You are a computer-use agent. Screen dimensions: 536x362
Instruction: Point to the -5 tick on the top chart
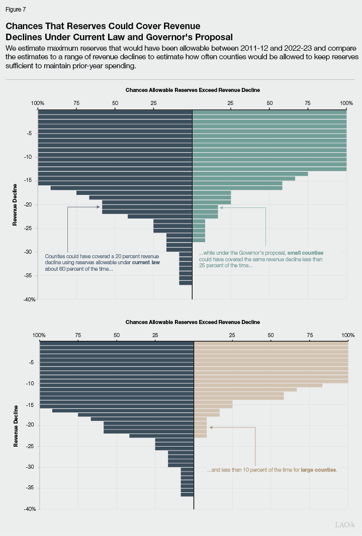pos(31,133)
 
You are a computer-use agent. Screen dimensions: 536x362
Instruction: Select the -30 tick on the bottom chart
pos(31,467)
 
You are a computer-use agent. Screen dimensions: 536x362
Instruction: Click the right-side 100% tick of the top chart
pos(346,103)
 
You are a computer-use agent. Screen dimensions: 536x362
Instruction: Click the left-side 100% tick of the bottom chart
pos(39,335)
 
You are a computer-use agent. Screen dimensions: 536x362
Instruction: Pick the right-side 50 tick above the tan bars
pos(271,335)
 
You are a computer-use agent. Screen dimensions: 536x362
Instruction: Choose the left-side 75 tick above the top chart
pos(76,103)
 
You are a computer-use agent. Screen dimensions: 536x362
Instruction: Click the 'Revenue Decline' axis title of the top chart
pos(15,204)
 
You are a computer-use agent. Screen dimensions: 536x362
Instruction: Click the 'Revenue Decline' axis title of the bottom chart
pos(16,425)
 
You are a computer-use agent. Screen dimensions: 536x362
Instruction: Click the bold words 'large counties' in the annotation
pos(318,470)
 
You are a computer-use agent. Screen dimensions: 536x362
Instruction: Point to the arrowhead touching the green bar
pos(221,207)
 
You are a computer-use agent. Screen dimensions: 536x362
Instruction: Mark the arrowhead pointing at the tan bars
pos(211,427)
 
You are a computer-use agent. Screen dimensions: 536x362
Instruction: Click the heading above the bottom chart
pos(193,321)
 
